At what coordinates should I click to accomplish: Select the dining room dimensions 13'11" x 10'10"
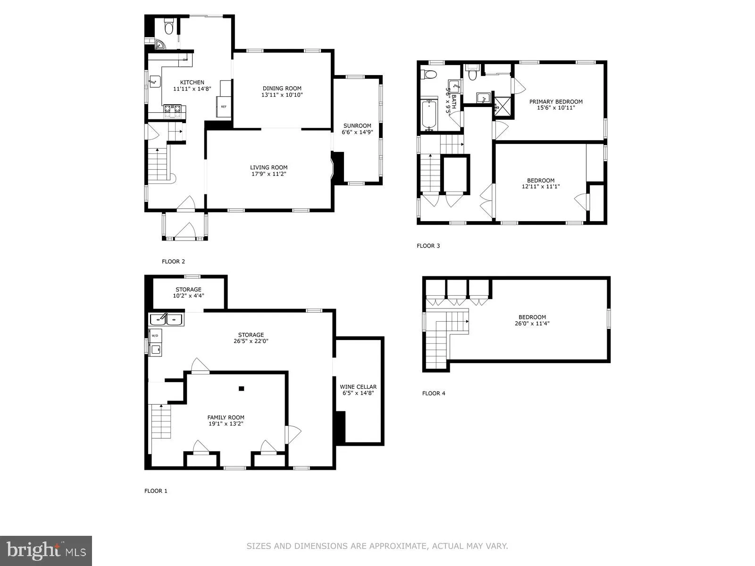pos(282,95)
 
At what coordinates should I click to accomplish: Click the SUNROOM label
pos(357,125)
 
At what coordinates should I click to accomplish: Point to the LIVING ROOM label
pos(268,167)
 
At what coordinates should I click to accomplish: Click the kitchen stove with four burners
pos(172,111)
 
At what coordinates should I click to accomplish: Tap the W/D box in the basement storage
pos(155,335)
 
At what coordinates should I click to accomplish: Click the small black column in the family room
pos(241,389)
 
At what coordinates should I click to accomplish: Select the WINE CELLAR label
pos(358,387)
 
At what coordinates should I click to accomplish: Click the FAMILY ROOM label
pos(226,417)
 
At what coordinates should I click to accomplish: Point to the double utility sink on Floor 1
pos(167,319)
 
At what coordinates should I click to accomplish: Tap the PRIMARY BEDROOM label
pos(555,101)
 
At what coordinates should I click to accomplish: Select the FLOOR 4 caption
pos(433,393)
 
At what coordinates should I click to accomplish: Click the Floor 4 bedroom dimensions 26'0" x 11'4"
pos(532,324)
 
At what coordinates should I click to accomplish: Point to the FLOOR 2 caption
pos(173,261)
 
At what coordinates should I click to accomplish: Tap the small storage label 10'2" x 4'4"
pos(188,296)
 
